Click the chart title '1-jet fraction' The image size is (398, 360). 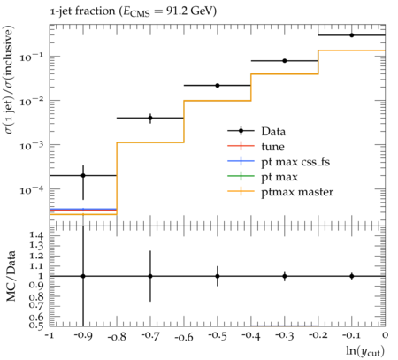tap(82, 11)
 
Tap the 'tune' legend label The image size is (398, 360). tap(272, 147)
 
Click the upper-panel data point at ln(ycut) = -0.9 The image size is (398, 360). tap(83, 175)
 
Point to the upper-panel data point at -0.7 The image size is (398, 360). tap(150, 118)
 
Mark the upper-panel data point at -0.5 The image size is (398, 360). tap(218, 86)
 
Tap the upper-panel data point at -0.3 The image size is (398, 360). tap(285, 61)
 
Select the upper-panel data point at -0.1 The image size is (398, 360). tap(352, 35)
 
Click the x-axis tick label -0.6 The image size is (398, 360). tap(184, 337)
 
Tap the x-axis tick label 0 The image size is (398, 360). tap(385, 335)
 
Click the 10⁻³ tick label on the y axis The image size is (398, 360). tap(31, 145)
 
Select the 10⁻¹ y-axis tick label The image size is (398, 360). tap(31, 57)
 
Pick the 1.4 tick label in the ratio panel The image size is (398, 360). tap(36, 235)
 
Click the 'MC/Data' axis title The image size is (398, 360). tap(11, 276)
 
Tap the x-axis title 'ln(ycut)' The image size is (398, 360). tap(365, 351)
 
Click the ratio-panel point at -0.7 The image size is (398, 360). tap(150, 276)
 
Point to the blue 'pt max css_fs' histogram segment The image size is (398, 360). tap(83, 209)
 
